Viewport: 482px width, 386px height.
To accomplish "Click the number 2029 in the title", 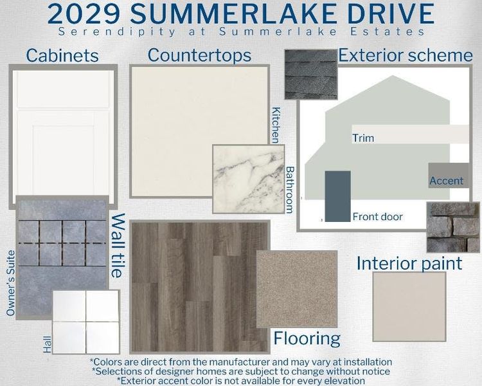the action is tap(84, 14).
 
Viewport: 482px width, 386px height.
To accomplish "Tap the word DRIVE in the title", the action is tap(391, 14).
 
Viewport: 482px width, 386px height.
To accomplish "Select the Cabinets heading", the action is tap(62, 56).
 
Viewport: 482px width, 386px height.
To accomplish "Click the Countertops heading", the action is tap(199, 56).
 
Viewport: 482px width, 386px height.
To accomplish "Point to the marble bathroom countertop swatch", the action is tap(249, 179).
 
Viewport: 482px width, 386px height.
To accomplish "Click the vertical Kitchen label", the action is tap(276, 125).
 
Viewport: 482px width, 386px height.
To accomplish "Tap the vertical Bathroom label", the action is tap(290, 190).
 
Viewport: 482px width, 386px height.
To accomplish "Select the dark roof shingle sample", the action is tap(311, 75).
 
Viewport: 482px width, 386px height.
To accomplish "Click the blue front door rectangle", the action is tap(338, 196).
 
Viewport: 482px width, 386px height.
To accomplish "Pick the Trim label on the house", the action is tap(363, 138).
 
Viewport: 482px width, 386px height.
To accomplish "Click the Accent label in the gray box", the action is tap(447, 181).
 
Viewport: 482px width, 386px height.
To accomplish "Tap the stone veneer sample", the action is tap(453, 228).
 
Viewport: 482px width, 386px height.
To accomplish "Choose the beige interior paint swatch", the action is tap(409, 307).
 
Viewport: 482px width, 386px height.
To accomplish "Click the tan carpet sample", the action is tap(297, 289).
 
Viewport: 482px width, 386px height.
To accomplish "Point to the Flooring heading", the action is tap(307, 338).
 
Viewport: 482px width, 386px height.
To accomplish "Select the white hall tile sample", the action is tap(85, 322).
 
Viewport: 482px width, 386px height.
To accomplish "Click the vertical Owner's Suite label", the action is tap(11, 283).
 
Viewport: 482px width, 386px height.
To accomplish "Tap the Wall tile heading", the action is tap(118, 246).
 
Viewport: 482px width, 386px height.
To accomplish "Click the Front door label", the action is tap(377, 217).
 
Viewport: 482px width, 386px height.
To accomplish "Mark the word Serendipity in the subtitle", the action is tap(117, 32).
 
